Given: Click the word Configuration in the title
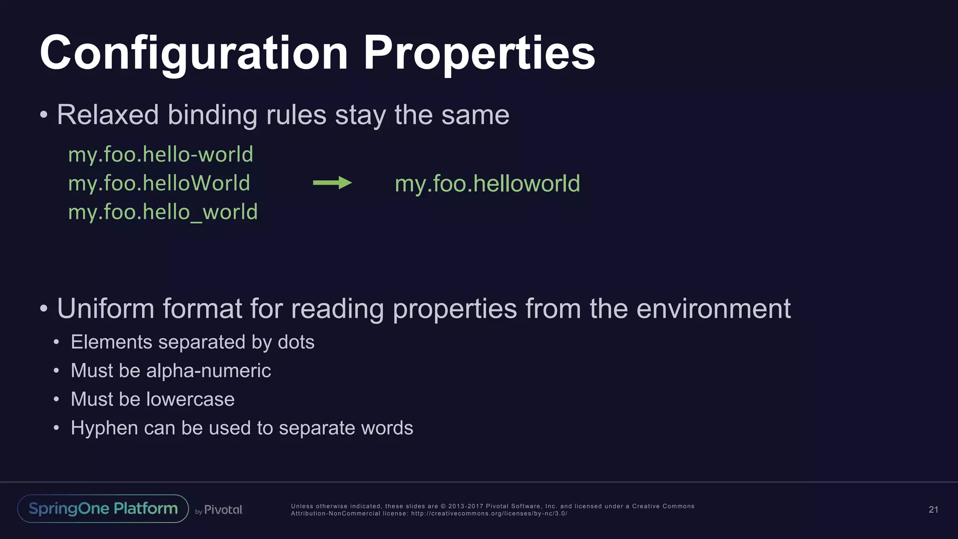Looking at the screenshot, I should point(194,54).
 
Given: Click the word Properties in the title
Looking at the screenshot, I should point(479,54).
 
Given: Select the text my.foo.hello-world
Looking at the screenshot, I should point(160,154).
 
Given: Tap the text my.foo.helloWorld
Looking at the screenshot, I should point(159,183).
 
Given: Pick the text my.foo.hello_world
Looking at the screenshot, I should point(163,212).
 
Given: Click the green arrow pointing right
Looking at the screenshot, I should point(332,183).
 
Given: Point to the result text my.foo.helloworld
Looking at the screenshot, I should point(487,183).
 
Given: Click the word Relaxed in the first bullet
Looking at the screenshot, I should point(108,115).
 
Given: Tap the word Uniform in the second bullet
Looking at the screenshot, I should point(105,309).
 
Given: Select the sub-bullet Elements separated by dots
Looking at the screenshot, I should point(192,342).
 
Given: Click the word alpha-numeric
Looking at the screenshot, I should point(209,371).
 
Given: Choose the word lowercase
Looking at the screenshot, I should point(190,400).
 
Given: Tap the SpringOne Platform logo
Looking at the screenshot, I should point(103,509).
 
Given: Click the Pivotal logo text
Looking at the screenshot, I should point(223,510).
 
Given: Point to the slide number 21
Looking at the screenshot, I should point(933,510).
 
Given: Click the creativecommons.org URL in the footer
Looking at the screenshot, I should point(489,513).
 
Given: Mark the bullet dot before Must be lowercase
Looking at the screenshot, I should point(56,400).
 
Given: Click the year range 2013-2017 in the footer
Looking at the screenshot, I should point(465,506).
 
